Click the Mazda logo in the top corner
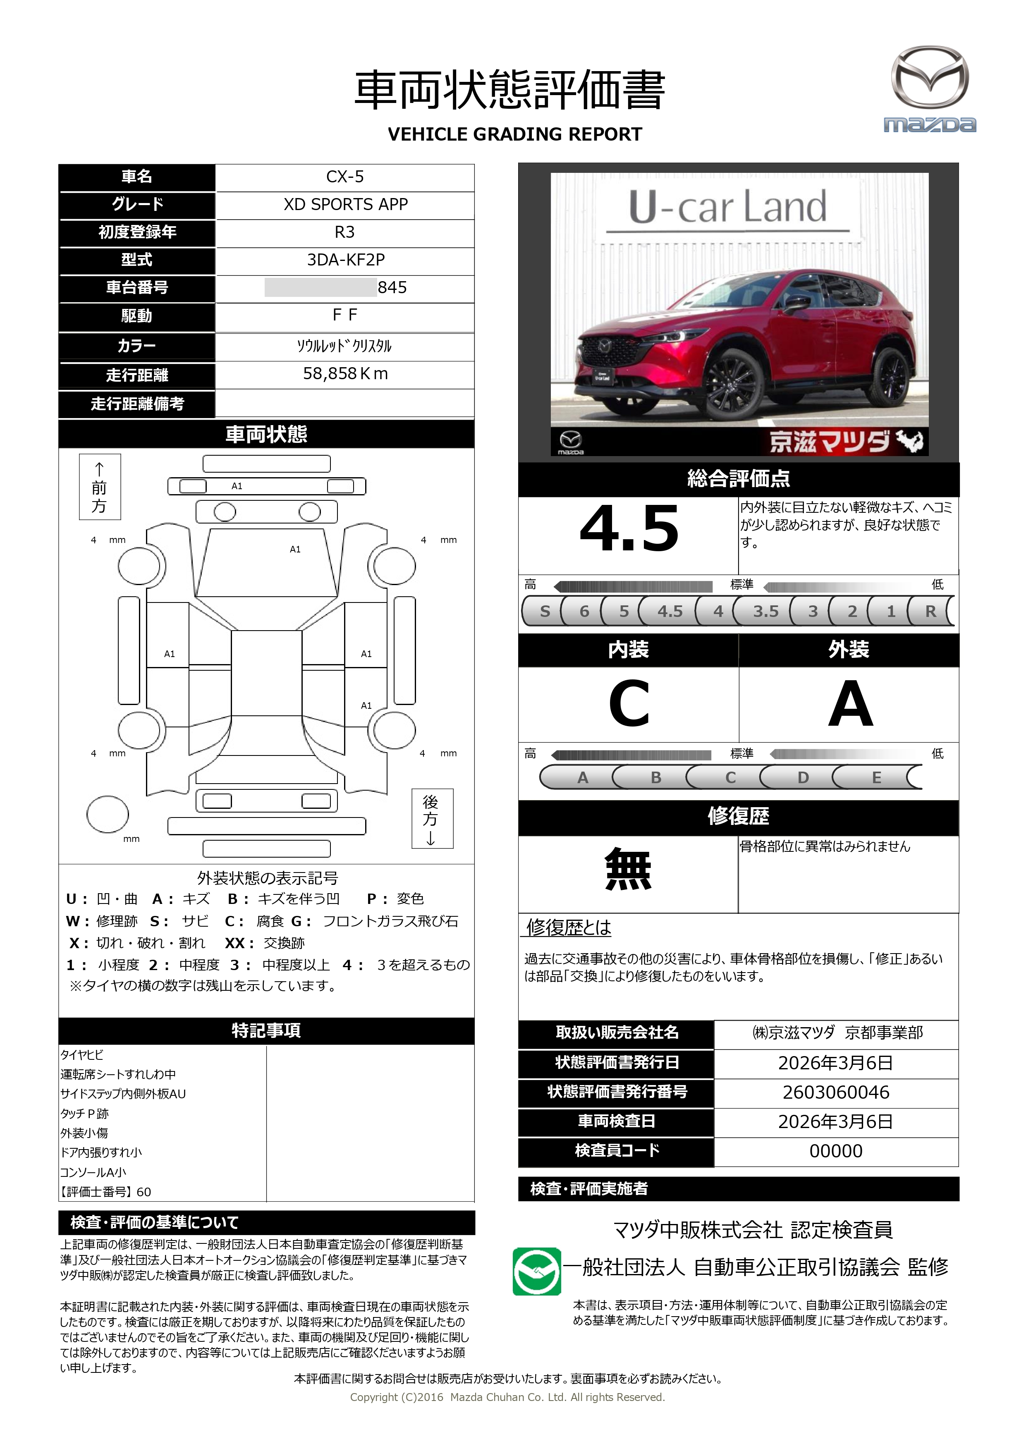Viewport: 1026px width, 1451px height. (x=929, y=88)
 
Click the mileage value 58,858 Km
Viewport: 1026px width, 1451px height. (x=345, y=373)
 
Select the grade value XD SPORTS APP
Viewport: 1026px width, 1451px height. (x=345, y=204)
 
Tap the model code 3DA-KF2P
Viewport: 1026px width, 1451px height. (x=345, y=260)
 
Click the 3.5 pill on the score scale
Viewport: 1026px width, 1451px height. (x=765, y=611)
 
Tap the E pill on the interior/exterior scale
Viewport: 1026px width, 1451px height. (x=876, y=777)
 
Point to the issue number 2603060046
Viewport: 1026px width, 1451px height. (x=836, y=1092)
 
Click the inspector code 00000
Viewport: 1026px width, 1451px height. (x=836, y=1151)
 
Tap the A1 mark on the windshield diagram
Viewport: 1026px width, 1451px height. (x=295, y=549)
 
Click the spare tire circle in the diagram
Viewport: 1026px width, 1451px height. (x=108, y=814)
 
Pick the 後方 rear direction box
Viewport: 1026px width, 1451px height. (x=431, y=818)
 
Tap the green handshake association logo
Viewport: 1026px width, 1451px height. (x=536, y=1272)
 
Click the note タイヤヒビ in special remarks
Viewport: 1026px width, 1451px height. (x=82, y=1055)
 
